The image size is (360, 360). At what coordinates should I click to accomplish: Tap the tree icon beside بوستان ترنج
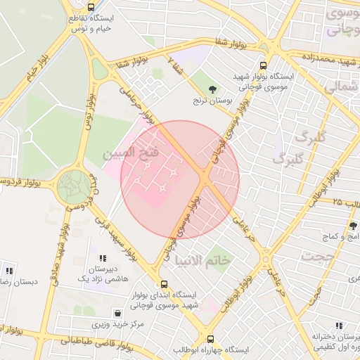click(212, 88)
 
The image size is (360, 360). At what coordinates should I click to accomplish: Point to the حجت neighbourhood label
click(317, 257)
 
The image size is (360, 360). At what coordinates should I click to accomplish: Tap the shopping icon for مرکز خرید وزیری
click(116, 313)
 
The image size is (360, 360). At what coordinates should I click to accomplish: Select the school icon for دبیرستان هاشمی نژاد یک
click(103, 259)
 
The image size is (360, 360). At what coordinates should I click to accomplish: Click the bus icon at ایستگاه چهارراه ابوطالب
click(209, 338)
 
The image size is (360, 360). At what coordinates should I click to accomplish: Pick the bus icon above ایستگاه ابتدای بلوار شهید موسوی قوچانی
click(164, 285)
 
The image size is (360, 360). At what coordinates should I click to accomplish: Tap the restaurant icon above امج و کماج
click(352, 225)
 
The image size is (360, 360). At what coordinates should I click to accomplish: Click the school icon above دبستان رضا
click(9, 270)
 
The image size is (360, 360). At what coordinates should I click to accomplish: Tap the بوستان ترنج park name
click(212, 101)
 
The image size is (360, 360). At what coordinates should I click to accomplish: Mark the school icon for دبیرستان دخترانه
click(339, 326)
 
